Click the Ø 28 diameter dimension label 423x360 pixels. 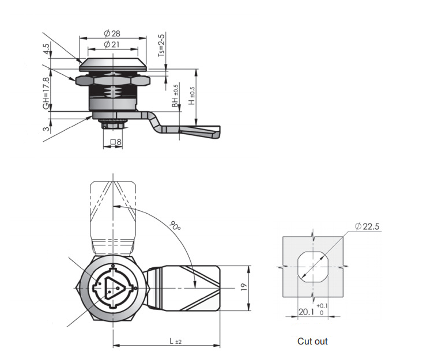pos(112,33)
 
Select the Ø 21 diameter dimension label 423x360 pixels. pos(112,45)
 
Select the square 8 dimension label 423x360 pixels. pos(116,142)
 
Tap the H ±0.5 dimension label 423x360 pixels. pos(191,96)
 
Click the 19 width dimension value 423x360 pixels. pos(244,286)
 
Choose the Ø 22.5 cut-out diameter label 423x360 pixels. pos(367,226)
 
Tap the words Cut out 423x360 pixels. pos(312,341)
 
